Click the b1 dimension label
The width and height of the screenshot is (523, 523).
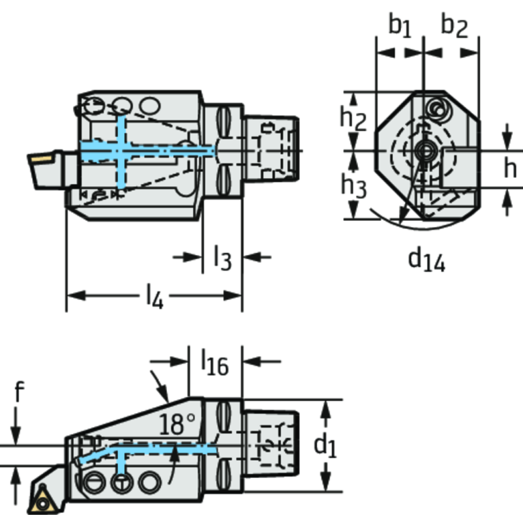tap(400, 26)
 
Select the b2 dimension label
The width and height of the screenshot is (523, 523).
tap(454, 26)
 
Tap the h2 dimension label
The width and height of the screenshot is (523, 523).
tap(353, 119)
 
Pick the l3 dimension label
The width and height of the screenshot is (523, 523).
tap(222, 257)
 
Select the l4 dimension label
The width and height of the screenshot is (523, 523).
tap(155, 297)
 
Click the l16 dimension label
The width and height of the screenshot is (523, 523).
tap(215, 362)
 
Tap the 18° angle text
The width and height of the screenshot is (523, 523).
tap(177, 424)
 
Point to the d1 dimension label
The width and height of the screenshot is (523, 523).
tap(325, 446)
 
